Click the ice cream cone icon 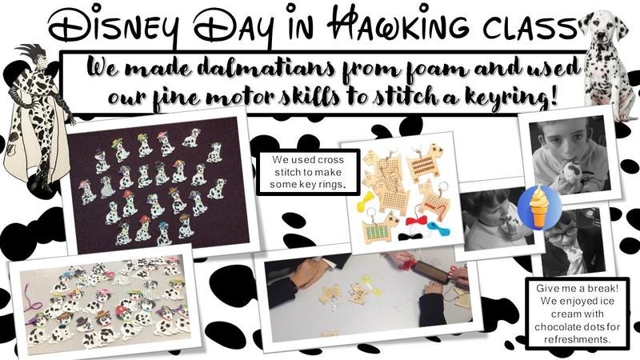click(x=539, y=206)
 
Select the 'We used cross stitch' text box click(x=308, y=172)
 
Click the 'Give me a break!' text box click(x=577, y=314)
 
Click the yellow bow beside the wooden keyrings click(x=365, y=202)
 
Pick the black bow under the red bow click(x=411, y=236)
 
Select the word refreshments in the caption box click(x=577, y=339)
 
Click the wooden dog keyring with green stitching click(x=378, y=231)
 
